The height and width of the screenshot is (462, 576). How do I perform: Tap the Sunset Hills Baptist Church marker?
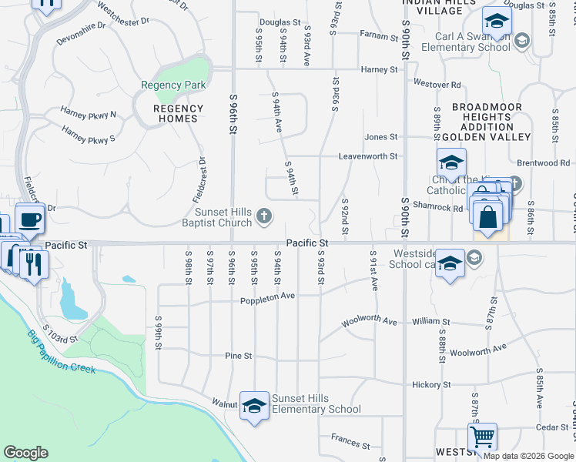pos(264,216)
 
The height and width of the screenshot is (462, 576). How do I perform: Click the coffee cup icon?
pos(29,218)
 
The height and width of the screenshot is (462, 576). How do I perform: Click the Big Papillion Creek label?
pos(62,353)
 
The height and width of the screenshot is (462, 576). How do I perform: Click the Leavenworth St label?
pos(370,156)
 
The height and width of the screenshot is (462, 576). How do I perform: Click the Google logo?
pos(25,453)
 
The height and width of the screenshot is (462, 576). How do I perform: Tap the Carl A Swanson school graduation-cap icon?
pos(497,21)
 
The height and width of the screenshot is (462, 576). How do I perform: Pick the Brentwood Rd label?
pos(543,163)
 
